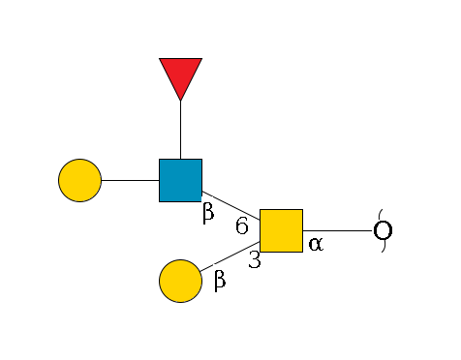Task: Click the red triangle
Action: (180, 75)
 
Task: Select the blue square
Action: (180, 180)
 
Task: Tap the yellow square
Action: (281, 230)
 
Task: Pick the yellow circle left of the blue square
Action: (79, 180)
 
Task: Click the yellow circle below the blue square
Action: (180, 281)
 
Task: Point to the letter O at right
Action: (383, 231)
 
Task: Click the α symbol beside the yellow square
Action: (315, 245)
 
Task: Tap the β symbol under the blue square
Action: (207, 213)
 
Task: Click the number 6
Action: (242, 225)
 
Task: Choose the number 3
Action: (254, 259)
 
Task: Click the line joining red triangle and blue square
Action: (180, 130)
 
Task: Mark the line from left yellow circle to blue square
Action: (130, 180)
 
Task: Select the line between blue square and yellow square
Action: (230, 205)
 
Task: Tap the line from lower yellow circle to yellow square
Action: (230, 255)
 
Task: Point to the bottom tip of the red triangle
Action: (180, 100)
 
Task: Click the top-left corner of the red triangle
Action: (160, 59)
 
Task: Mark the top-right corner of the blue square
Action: (201, 160)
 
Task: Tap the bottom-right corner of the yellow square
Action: (302, 252)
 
